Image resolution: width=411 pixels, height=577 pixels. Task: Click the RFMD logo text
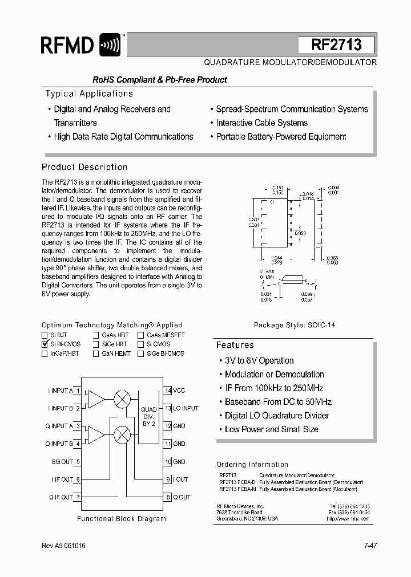click(67, 44)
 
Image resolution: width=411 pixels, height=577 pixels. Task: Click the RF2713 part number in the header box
click(336, 45)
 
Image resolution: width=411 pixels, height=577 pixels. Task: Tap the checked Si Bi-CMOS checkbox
click(45, 344)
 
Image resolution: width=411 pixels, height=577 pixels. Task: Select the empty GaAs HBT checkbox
click(96, 335)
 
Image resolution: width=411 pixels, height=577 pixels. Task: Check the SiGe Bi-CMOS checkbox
click(140, 353)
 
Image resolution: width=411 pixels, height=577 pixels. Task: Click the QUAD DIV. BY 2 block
click(148, 417)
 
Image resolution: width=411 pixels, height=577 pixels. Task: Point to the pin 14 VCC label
click(179, 391)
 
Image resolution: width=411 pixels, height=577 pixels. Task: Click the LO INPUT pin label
click(186, 408)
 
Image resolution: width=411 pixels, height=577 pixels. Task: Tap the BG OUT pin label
click(62, 462)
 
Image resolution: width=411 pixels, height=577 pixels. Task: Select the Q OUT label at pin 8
click(182, 497)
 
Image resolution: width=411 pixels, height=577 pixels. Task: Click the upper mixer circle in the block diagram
click(122, 399)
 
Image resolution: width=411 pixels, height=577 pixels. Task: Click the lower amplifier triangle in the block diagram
click(95, 434)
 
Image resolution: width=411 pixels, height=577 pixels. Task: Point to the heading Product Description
click(84, 167)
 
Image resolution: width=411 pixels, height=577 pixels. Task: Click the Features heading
click(235, 345)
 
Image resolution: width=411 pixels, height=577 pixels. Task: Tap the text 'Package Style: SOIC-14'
click(294, 325)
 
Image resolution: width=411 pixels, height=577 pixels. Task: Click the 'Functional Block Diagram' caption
click(122, 519)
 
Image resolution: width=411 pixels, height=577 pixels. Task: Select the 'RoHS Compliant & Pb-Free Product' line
click(152, 80)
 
